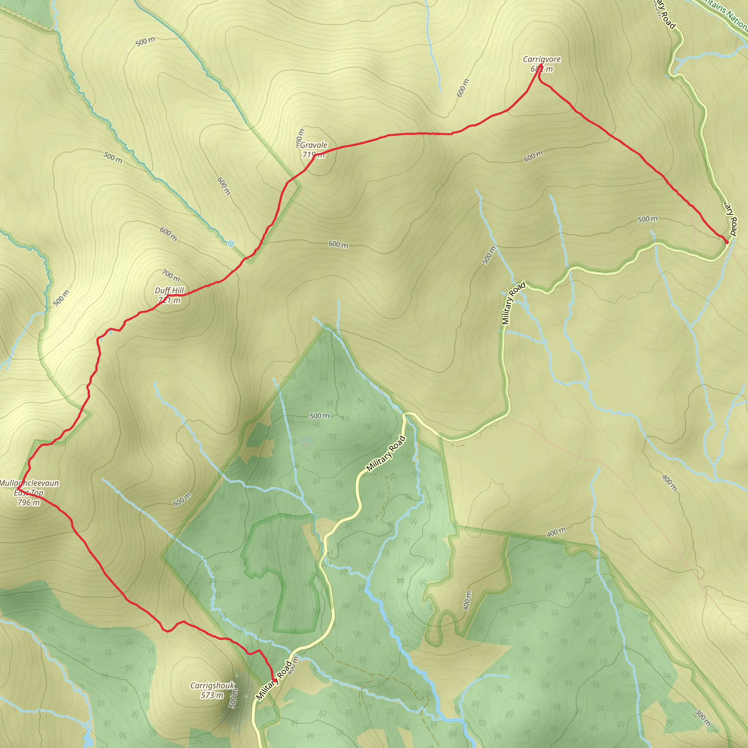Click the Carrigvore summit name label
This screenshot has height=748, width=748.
click(x=542, y=59)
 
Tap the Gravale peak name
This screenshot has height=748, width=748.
click(x=314, y=145)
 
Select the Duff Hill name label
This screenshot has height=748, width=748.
click(x=169, y=290)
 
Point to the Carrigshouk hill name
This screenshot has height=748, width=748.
click(x=212, y=686)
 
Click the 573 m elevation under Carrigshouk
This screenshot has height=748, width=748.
click(x=212, y=695)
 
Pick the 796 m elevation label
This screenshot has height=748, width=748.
click(x=28, y=503)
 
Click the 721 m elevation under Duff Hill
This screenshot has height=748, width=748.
click(x=169, y=301)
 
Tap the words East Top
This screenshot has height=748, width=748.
click(x=28, y=493)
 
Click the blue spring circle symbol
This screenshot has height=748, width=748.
click(x=231, y=244)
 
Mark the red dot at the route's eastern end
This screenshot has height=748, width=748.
click(x=727, y=243)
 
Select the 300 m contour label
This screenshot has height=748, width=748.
click(x=703, y=717)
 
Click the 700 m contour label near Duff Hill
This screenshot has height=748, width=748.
click(x=171, y=276)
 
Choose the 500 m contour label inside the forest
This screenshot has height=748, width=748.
click(x=320, y=416)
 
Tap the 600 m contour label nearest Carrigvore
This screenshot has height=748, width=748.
click(x=463, y=88)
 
